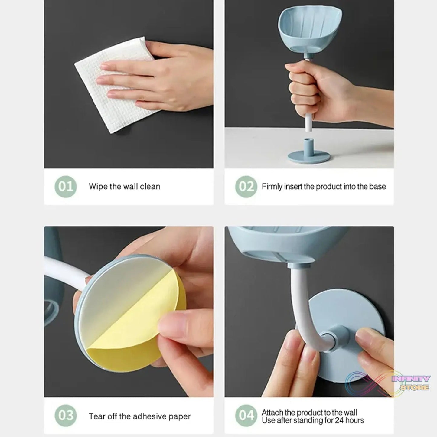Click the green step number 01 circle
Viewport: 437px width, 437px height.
coord(66,187)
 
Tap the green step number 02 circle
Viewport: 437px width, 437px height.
coord(246,187)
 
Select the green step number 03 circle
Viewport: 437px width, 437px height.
coord(66,416)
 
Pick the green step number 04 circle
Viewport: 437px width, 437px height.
coord(246,416)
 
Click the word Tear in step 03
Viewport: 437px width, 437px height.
coord(96,416)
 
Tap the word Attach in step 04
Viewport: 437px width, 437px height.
coord(272,413)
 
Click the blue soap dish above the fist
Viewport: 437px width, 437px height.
coord(311,30)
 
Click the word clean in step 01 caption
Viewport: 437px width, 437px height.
coord(150,187)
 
